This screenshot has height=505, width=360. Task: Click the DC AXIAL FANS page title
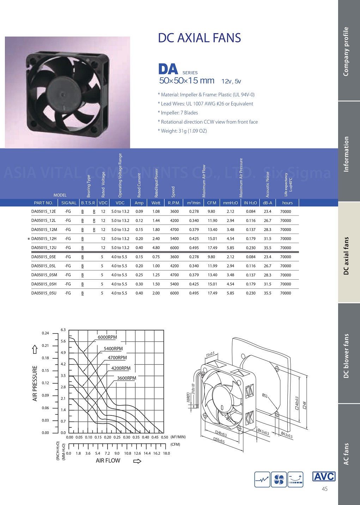point(199,38)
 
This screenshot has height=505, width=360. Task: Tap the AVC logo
point(324,476)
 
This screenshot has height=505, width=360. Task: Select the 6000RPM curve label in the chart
point(107,337)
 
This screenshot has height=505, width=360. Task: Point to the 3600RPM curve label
point(127,378)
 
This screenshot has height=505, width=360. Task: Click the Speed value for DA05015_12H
point(174,238)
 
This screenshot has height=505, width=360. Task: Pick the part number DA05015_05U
point(44,293)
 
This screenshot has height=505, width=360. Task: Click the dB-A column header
point(267,203)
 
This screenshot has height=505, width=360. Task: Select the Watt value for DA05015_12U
point(156,248)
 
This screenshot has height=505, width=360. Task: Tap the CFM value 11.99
point(212,266)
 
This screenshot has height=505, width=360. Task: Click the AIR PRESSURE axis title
point(35,383)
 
